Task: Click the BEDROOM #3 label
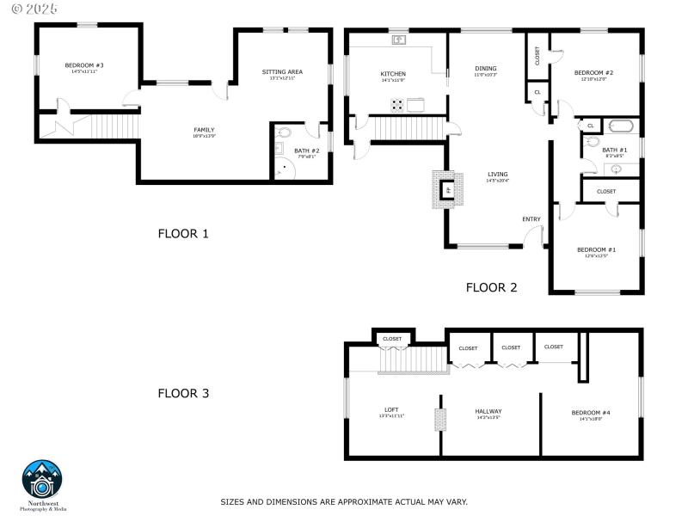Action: click(x=84, y=65)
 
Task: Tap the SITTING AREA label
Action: click(x=282, y=72)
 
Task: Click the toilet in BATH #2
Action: click(x=286, y=134)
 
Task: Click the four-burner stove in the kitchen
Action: click(x=398, y=105)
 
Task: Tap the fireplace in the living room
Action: click(x=446, y=190)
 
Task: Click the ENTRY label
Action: click(x=531, y=219)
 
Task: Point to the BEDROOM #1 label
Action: click(x=595, y=249)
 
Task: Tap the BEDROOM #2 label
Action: click(x=593, y=73)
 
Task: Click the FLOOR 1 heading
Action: click(x=182, y=233)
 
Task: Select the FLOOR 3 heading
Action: click(x=182, y=394)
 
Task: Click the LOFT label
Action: click(x=391, y=409)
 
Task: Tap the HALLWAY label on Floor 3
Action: click(x=488, y=411)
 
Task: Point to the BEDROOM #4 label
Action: click(x=591, y=413)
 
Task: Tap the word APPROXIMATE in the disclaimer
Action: click(x=353, y=501)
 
